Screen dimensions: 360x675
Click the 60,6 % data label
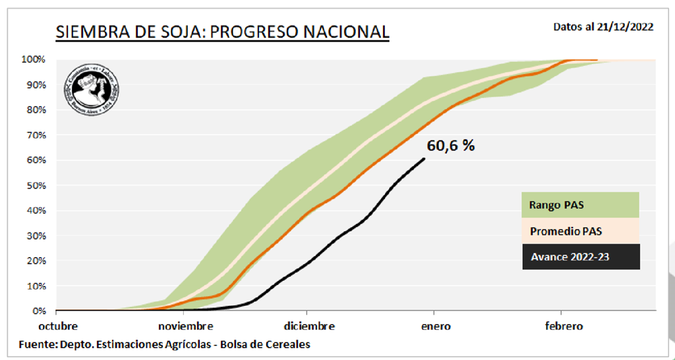(451, 146)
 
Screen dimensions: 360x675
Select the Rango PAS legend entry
(556, 205)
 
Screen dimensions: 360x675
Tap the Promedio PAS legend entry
(566, 231)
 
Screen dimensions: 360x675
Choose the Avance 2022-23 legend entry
(570, 256)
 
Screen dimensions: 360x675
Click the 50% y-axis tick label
(36, 185)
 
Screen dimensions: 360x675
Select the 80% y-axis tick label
(36, 109)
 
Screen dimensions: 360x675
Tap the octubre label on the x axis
(57, 326)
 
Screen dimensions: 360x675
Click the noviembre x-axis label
(185, 326)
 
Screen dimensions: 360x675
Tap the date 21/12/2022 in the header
(625, 27)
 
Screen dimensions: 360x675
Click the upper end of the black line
(425, 158)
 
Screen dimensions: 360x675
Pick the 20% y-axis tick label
(36, 260)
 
